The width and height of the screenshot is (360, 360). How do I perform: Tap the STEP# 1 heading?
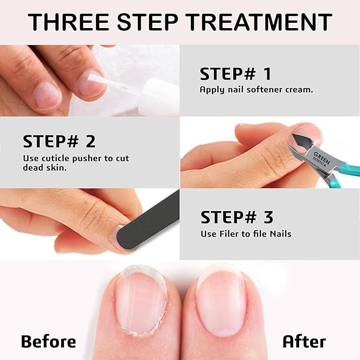[x=235, y=74]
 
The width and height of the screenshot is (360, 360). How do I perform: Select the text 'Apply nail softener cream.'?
[x=256, y=90]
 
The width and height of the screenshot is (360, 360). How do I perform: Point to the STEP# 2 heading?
[x=59, y=142]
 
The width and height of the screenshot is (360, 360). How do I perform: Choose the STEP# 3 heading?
[x=236, y=217]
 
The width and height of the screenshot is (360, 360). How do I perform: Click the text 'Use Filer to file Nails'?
[x=245, y=233]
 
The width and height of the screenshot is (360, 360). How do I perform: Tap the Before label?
[x=48, y=341]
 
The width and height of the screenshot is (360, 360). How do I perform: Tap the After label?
[x=304, y=341]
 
